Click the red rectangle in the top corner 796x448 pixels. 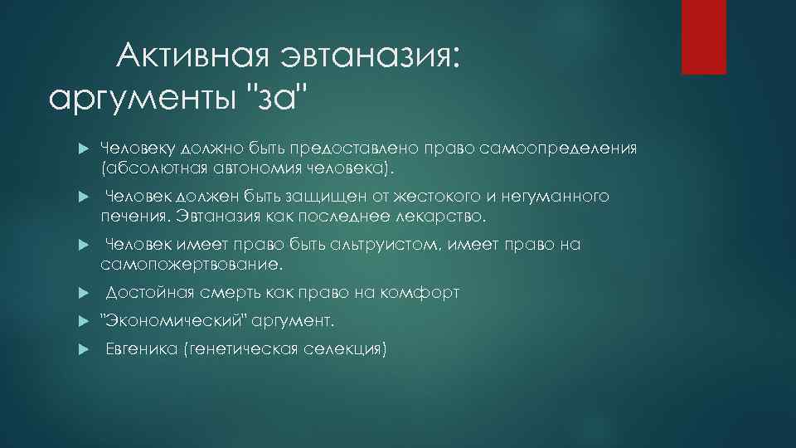click(x=703, y=37)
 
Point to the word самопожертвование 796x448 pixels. click(x=192, y=265)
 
